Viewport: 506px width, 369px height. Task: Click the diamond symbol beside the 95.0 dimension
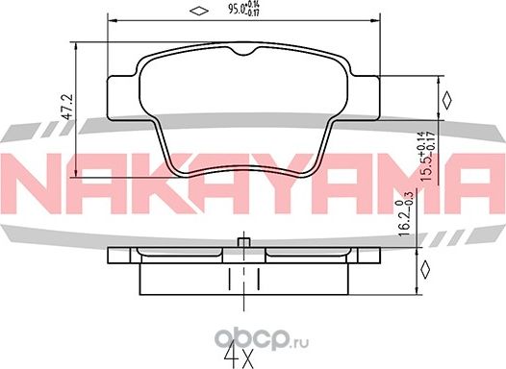click(196, 12)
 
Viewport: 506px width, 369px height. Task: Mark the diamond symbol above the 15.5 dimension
click(445, 98)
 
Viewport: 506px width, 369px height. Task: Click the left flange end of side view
click(112, 258)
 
